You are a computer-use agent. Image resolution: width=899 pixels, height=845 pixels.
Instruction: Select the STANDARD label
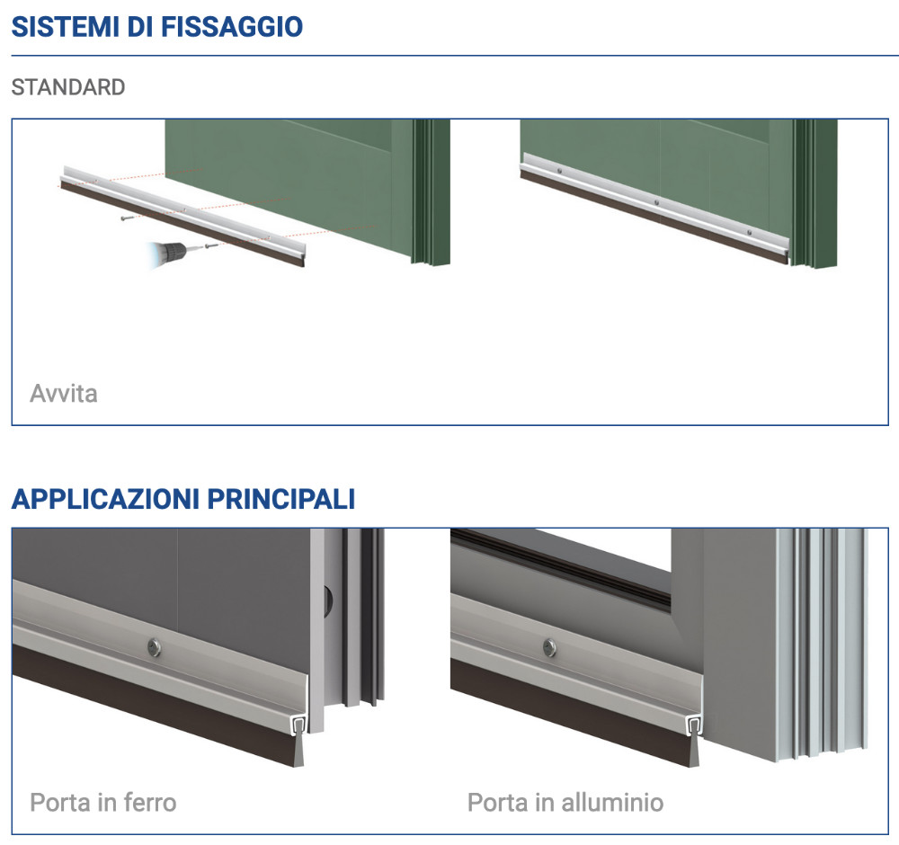pos(68,87)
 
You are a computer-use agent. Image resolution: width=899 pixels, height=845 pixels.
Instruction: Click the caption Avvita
pos(64,394)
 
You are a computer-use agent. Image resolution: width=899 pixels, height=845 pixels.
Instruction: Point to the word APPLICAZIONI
pos(105,499)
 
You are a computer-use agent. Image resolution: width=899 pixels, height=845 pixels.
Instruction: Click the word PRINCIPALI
pos(280,499)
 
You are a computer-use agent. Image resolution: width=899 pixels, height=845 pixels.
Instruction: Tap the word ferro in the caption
pos(149,803)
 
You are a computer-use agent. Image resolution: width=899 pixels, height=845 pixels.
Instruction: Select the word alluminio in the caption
pos(612,803)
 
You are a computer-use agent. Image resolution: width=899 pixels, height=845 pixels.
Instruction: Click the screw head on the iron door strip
pos(154,648)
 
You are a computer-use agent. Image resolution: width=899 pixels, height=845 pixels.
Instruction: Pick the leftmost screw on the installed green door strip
pos(559,170)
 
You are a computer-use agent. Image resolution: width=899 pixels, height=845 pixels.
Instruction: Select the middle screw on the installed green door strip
pos(657,202)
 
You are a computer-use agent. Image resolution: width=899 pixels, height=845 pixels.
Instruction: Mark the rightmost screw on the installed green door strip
pos(750,232)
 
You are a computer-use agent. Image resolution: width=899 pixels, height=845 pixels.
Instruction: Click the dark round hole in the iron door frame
pos(328,600)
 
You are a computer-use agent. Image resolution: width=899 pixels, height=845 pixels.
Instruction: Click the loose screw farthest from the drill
pos(128,219)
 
